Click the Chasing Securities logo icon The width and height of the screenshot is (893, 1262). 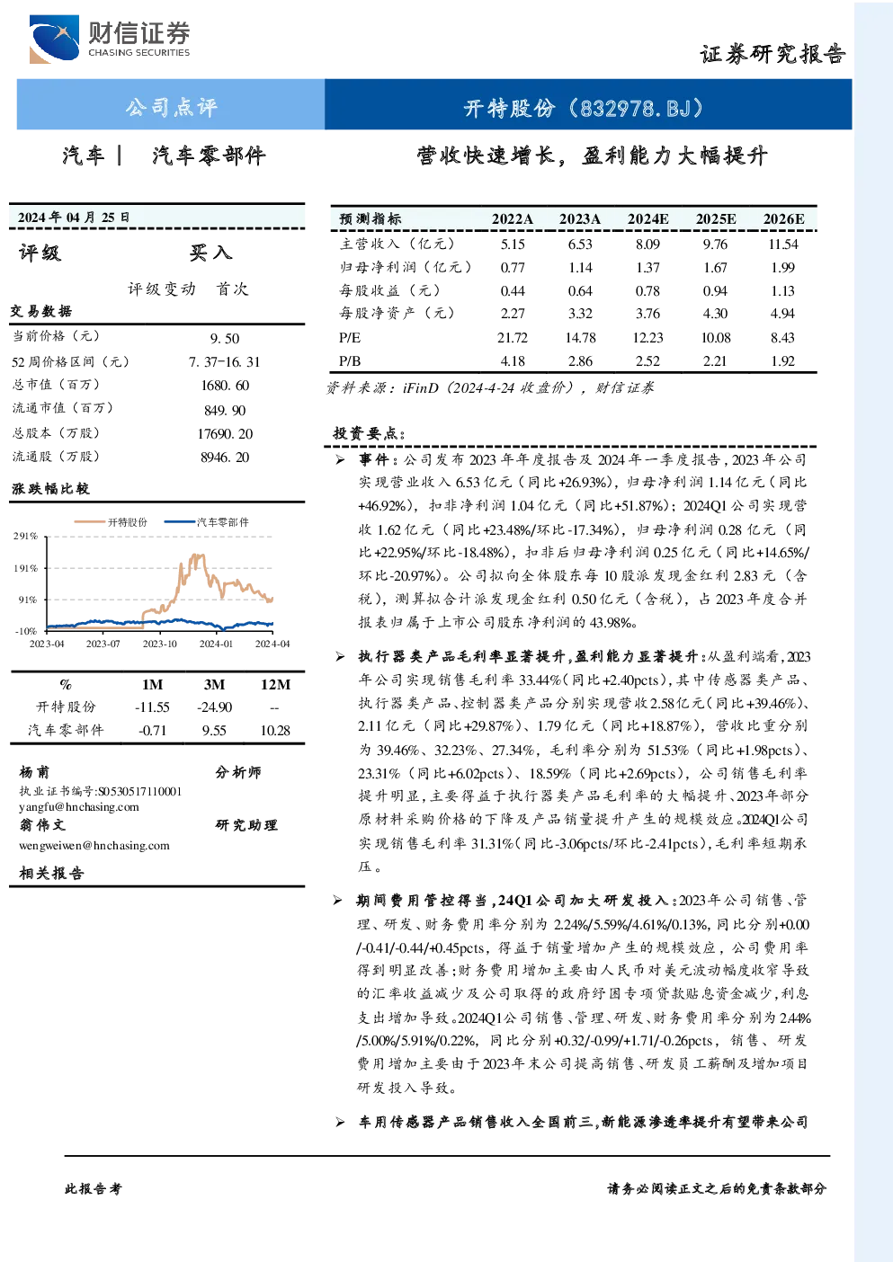tap(54, 39)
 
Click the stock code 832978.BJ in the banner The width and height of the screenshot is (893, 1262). tap(636, 108)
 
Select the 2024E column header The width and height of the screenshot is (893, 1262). tap(647, 219)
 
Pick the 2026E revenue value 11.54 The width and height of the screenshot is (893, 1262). tap(783, 244)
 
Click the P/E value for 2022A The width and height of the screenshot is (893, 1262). tap(512, 337)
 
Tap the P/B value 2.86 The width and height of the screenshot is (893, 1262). tap(580, 361)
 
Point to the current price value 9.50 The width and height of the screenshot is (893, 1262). tap(225, 339)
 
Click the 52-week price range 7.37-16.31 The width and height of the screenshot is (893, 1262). tap(225, 361)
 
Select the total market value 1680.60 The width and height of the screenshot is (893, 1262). tap(225, 386)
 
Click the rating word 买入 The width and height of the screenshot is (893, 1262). tap(210, 253)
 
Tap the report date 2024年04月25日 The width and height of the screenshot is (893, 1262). tap(74, 218)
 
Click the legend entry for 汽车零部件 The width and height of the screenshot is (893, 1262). tap(206, 522)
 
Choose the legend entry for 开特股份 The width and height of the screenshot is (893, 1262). tap(111, 522)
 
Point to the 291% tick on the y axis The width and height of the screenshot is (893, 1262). tap(26, 536)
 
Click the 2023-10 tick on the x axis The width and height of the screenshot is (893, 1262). tap(159, 644)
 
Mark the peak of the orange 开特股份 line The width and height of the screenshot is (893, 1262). tap(196, 555)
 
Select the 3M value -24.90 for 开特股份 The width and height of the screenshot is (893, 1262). tap(214, 707)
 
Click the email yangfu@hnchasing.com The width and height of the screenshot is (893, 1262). tap(79, 807)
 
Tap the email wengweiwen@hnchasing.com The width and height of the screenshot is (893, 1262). tap(94, 845)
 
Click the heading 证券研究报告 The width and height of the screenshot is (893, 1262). tap(772, 54)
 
